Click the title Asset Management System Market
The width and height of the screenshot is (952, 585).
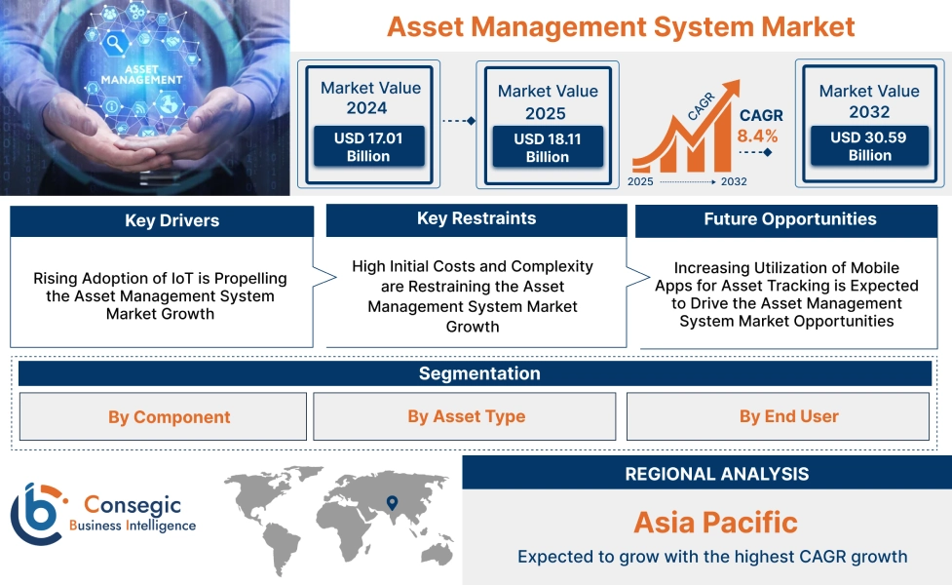click(x=621, y=25)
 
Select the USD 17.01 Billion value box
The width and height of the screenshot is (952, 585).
click(x=368, y=147)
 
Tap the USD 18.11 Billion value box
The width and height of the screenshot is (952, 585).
click(x=547, y=148)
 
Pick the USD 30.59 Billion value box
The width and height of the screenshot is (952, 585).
click(x=869, y=146)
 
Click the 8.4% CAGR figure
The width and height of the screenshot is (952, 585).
click(x=757, y=136)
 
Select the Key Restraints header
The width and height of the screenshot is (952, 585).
click(x=476, y=218)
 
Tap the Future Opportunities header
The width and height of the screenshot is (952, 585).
click(x=789, y=219)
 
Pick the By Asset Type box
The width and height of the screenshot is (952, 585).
click(x=466, y=416)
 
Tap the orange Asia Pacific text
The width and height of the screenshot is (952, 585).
click(x=715, y=522)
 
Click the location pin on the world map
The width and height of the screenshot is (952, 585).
click(x=392, y=503)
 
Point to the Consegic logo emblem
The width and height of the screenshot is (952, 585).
click(x=37, y=514)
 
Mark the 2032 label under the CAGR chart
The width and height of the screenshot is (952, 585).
click(x=734, y=182)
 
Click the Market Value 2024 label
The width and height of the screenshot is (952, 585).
click(x=370, y=97)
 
